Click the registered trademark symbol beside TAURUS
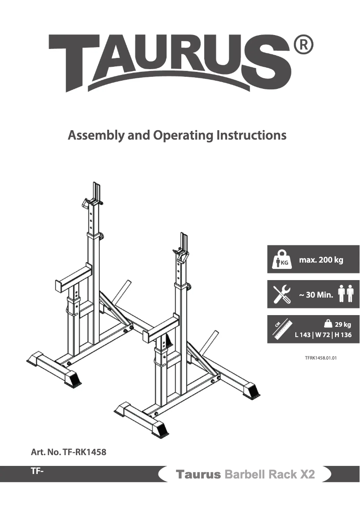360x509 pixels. coord(303,46)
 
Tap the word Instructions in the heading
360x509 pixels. coord(251,135)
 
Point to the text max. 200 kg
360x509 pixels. coord(321,260)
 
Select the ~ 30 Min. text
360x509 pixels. coord(316,295)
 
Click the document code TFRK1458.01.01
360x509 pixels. coord(320,358)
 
